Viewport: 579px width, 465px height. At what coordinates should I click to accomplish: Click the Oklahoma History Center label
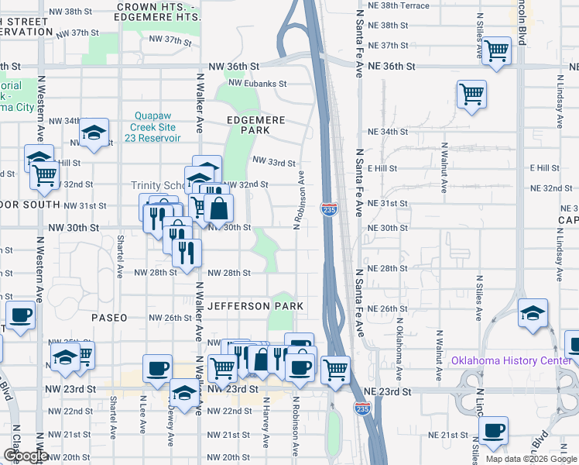click(x=512, y=361)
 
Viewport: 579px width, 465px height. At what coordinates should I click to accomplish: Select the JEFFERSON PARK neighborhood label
click(x=255, y=306)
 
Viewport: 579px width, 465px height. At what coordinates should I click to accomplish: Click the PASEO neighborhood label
click(x=108, y=318)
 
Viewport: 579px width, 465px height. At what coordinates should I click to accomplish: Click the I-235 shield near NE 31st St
click(x=328, y=208)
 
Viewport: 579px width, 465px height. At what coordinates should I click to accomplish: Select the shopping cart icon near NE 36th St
click(x=497, y=51)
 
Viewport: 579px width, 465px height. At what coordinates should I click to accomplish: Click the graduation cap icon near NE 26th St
click(x=532, y=313)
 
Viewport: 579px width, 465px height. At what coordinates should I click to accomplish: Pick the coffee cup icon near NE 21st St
click(x=493, y=430)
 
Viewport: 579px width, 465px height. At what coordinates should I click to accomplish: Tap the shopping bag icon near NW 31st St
click(x=219, y=208)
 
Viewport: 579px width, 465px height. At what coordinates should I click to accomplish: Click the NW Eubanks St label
click(x=258, y=83)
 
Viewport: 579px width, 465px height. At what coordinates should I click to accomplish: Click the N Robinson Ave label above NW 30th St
click(x=296, y=201)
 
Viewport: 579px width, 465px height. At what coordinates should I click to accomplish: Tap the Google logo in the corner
click(x=26, y=456)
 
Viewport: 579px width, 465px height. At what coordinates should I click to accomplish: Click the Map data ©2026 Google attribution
click(x=531, y=459)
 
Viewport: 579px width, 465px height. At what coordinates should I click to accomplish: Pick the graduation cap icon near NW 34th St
click(x=94, y=133)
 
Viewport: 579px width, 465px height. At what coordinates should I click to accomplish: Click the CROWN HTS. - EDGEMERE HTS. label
click(x=159, y=11)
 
